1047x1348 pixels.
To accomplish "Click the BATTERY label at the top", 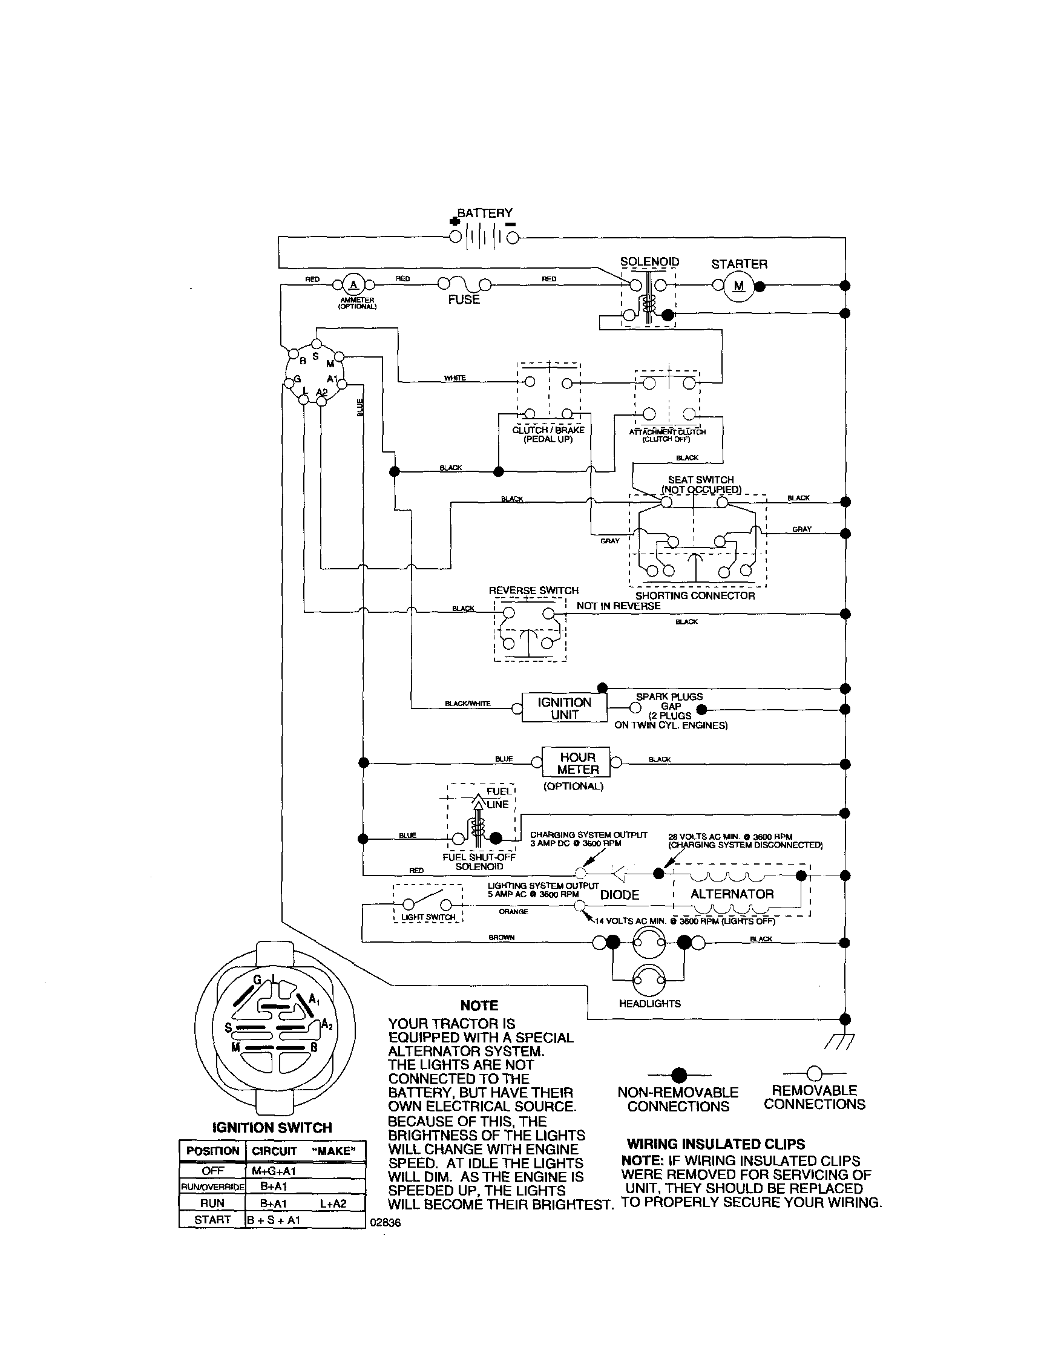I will click(484, 213).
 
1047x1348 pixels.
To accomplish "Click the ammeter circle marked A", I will click(353, 284).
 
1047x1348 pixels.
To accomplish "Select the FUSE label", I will click(464, 299).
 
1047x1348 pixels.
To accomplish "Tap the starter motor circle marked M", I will click(739, 286).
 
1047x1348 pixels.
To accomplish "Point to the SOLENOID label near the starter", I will click(649, 262).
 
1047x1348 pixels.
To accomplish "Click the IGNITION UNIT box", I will click(564, 708).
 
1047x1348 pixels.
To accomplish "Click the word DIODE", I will click(619, 895).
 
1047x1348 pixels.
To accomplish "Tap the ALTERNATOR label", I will click(732, 894).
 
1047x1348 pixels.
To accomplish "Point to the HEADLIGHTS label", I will click(649, 1004).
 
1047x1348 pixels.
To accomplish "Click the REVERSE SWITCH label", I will click(533, 591).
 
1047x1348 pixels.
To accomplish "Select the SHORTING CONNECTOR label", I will click(695, 595).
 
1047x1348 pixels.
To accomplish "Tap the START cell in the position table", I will click(212, 1220).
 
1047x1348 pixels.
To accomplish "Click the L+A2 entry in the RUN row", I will click(333, 1203).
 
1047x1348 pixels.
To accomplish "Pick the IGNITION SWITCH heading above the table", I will click(272, 1127).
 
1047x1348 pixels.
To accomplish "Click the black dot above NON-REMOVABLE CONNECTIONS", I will click(678, 1075).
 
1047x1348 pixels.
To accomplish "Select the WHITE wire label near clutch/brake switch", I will click(455, 378).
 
